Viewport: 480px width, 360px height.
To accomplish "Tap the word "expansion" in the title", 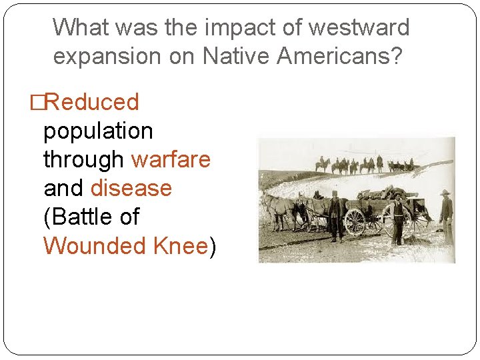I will coord(103,57).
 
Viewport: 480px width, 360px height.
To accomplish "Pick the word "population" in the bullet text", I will coord(98,131).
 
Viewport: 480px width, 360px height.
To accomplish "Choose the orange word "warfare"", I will coord(171,160).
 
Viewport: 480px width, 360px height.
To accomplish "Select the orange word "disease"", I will coord(131,189).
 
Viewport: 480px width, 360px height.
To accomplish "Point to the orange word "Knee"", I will coord(180,246).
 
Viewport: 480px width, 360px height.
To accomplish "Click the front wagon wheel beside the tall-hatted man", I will coord(355,222).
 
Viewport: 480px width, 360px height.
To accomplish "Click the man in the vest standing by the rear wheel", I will coord(398,220).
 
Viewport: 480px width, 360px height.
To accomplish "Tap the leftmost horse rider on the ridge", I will coord(323,164).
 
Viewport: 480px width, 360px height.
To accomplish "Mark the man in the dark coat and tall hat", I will coord(335,215).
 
